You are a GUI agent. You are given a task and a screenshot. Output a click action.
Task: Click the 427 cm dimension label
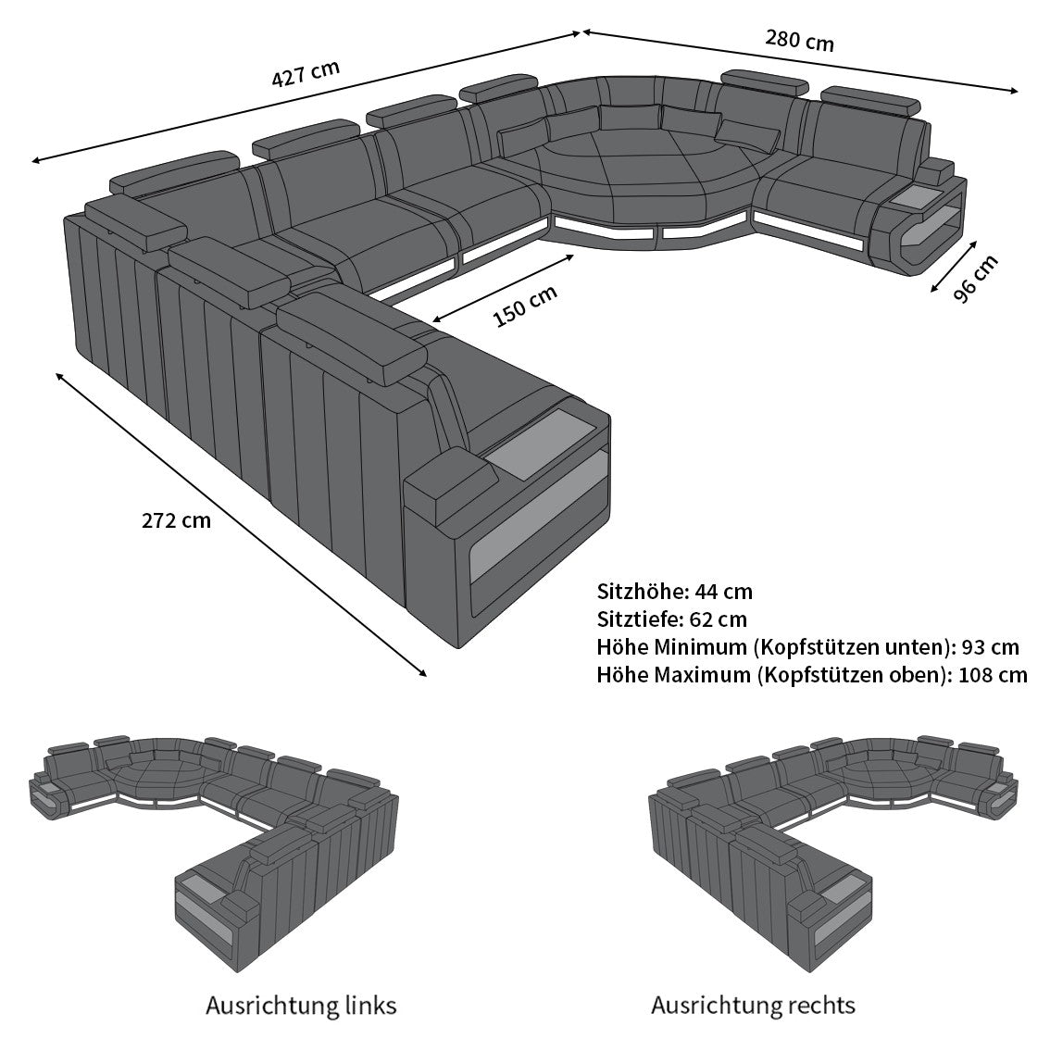pyautogui.click(x=305, y=74)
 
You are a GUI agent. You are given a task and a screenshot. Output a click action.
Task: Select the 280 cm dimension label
pyautogui.click(x=799, y=41)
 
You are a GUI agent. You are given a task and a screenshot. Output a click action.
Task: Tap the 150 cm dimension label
pyautogui.click(x=525, y=306)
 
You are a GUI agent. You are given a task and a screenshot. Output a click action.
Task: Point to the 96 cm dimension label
pyautogui.click(x=976, y=278)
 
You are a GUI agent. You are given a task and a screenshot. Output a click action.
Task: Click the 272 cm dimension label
pyautogui.click(x=176, y=520)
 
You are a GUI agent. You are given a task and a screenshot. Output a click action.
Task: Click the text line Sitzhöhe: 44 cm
pyautogui.click(x=674, y=592)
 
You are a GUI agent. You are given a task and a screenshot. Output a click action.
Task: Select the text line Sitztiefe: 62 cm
pyautogui.click(x=671, y=619)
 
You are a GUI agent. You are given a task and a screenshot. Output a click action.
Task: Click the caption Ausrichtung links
pyautogui.click(x=301, y=1005)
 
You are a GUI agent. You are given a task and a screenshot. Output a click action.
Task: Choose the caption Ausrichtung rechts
pyautogui.click(x=753, y=1005)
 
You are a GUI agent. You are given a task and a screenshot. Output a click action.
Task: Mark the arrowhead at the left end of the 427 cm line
pyautogui.click(x=35, y=161)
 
